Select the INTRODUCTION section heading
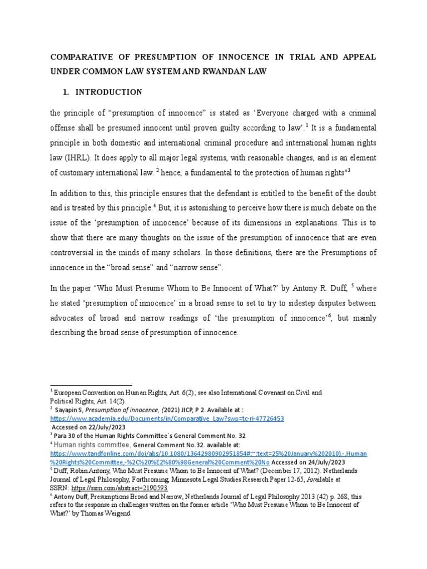[x=109, y=92]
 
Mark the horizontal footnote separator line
[x=91, y=385]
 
